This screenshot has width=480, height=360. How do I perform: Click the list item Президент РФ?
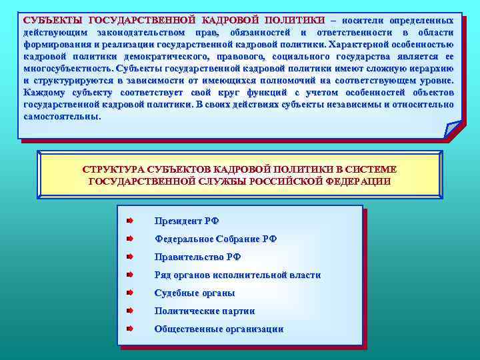coord(186,221)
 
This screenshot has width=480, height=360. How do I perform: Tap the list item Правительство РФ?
coord(197,257)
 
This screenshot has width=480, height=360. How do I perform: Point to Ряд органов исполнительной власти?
coord(237,275)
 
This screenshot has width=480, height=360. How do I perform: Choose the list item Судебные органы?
coord(194,293)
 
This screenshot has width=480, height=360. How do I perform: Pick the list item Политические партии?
coord(204,311)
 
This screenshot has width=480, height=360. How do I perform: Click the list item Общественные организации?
coord(219,329)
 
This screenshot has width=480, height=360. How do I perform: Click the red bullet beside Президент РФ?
coord(131,221)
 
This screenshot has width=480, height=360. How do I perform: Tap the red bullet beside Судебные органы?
coord(131,293)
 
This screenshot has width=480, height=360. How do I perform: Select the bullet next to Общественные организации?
coord(131,329)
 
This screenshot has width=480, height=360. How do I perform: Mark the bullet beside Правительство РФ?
coord(131,257)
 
